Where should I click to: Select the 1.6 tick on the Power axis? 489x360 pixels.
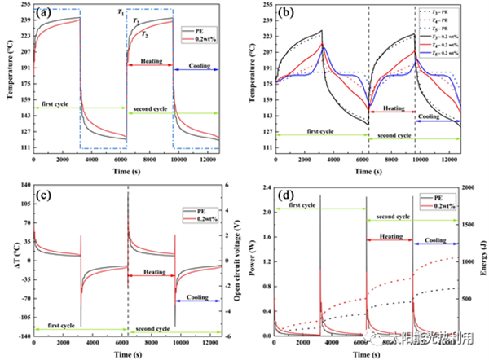(264, 237)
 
